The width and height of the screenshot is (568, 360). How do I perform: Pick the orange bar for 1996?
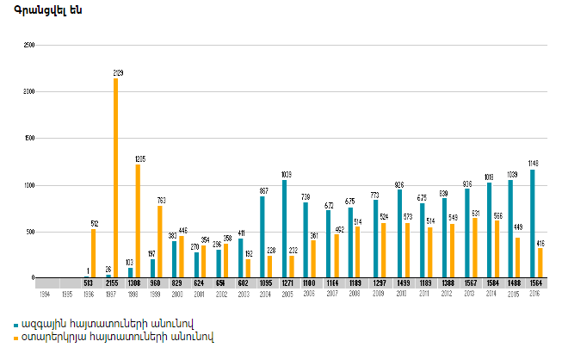pyautogui.click(x=94, y=253)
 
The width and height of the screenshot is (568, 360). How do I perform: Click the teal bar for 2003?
pyautogui.click(x=240, y=258)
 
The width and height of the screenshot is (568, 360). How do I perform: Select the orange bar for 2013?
pyautogui.click(x=474, y=248)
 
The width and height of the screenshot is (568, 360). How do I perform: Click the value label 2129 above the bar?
pyautogui.click(x=116, y=73)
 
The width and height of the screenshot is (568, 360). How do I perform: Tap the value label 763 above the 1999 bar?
pyautogui.click(x=161, y=200)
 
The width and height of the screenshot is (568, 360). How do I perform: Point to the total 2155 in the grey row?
pyautogui.click(x=110, y=283)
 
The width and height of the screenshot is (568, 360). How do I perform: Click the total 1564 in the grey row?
pyautogui.click(x=535, y=283)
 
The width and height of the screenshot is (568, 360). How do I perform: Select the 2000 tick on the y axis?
pyautogui.click(x=29, y=91)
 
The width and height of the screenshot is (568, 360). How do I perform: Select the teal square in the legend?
pyautogui.click(x=16, y=324)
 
